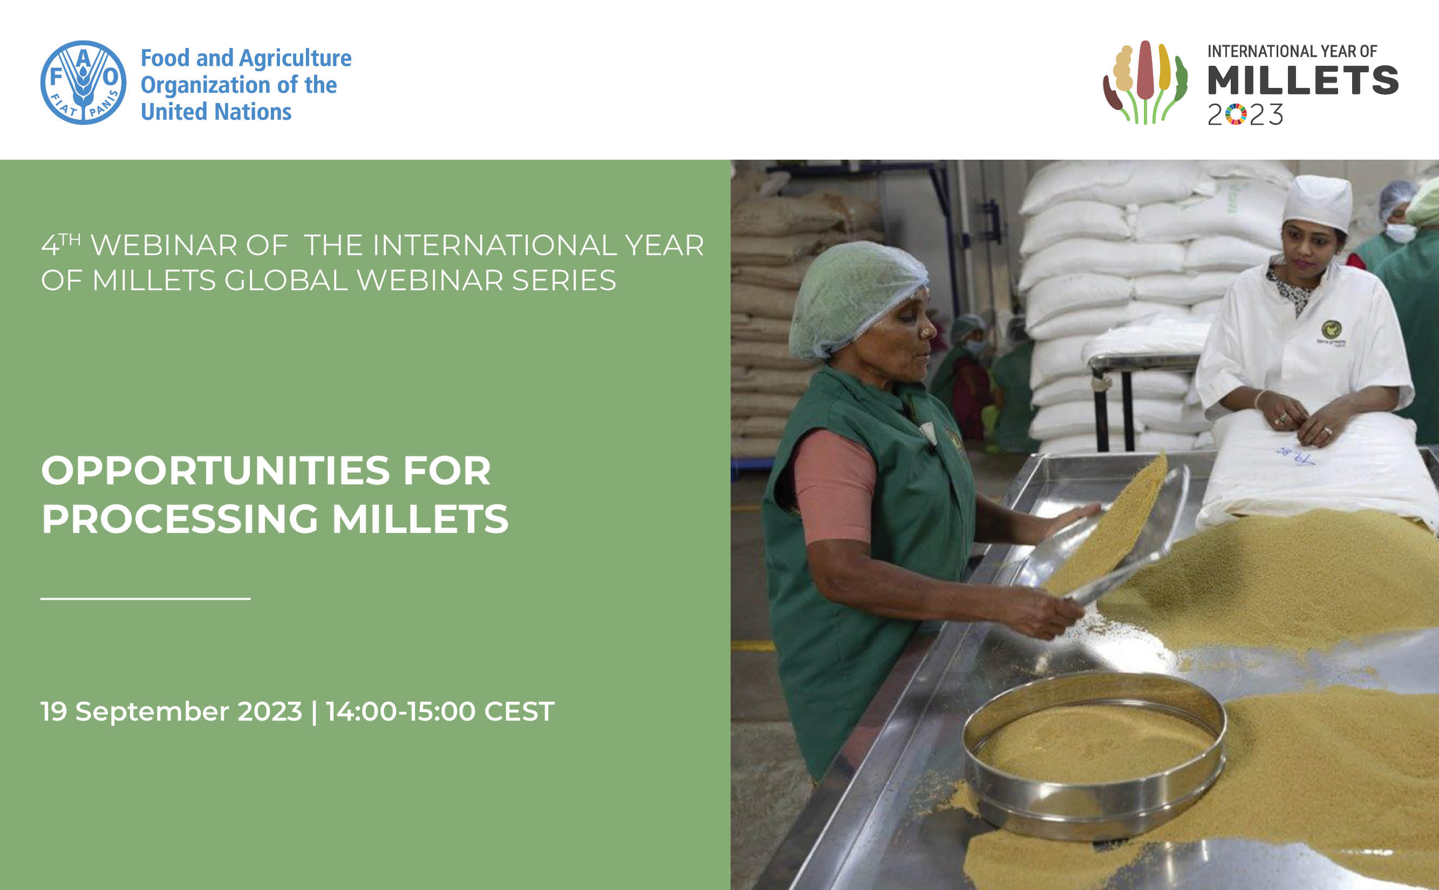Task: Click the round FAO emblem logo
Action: [x=83, y=83]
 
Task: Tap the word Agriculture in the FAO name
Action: [x=295, y=59]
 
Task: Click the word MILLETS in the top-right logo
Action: [x=1303, y=81]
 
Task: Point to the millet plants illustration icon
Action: [x=1145, y=83]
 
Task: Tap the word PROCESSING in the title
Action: [x=180, y=519]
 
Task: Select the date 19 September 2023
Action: [x=171, y=711]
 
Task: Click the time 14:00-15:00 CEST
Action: [x=440, y=711]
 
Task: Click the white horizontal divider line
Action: [x=146, y=599]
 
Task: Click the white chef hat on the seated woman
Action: [x=1318, y=203]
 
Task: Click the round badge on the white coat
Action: [x=1331, y=328]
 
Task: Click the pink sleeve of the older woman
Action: [x=835, y=486]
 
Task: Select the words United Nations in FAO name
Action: [x=216, y=112]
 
